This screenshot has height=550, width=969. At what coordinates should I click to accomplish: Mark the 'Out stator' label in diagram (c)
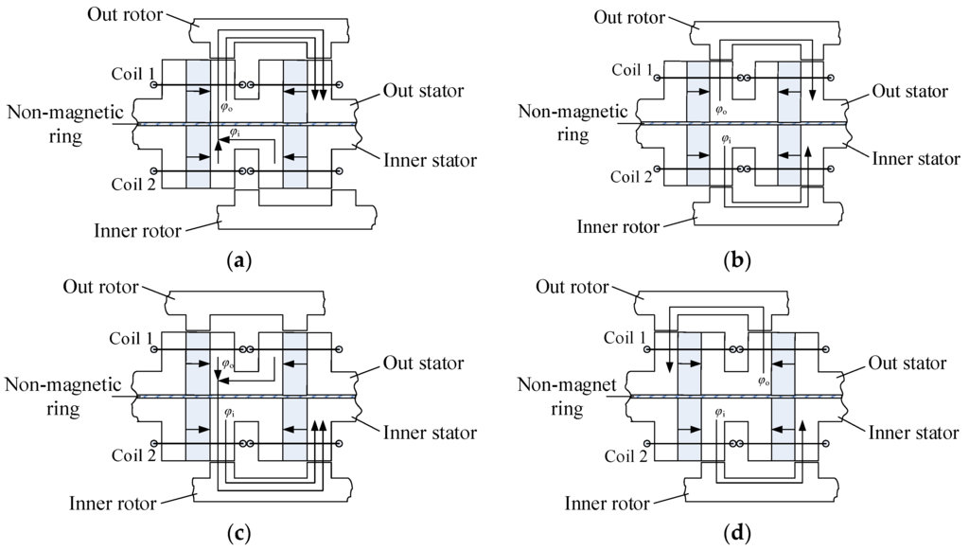coord(423,364)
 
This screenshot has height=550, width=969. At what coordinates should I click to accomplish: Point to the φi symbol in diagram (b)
coord(727,139)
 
